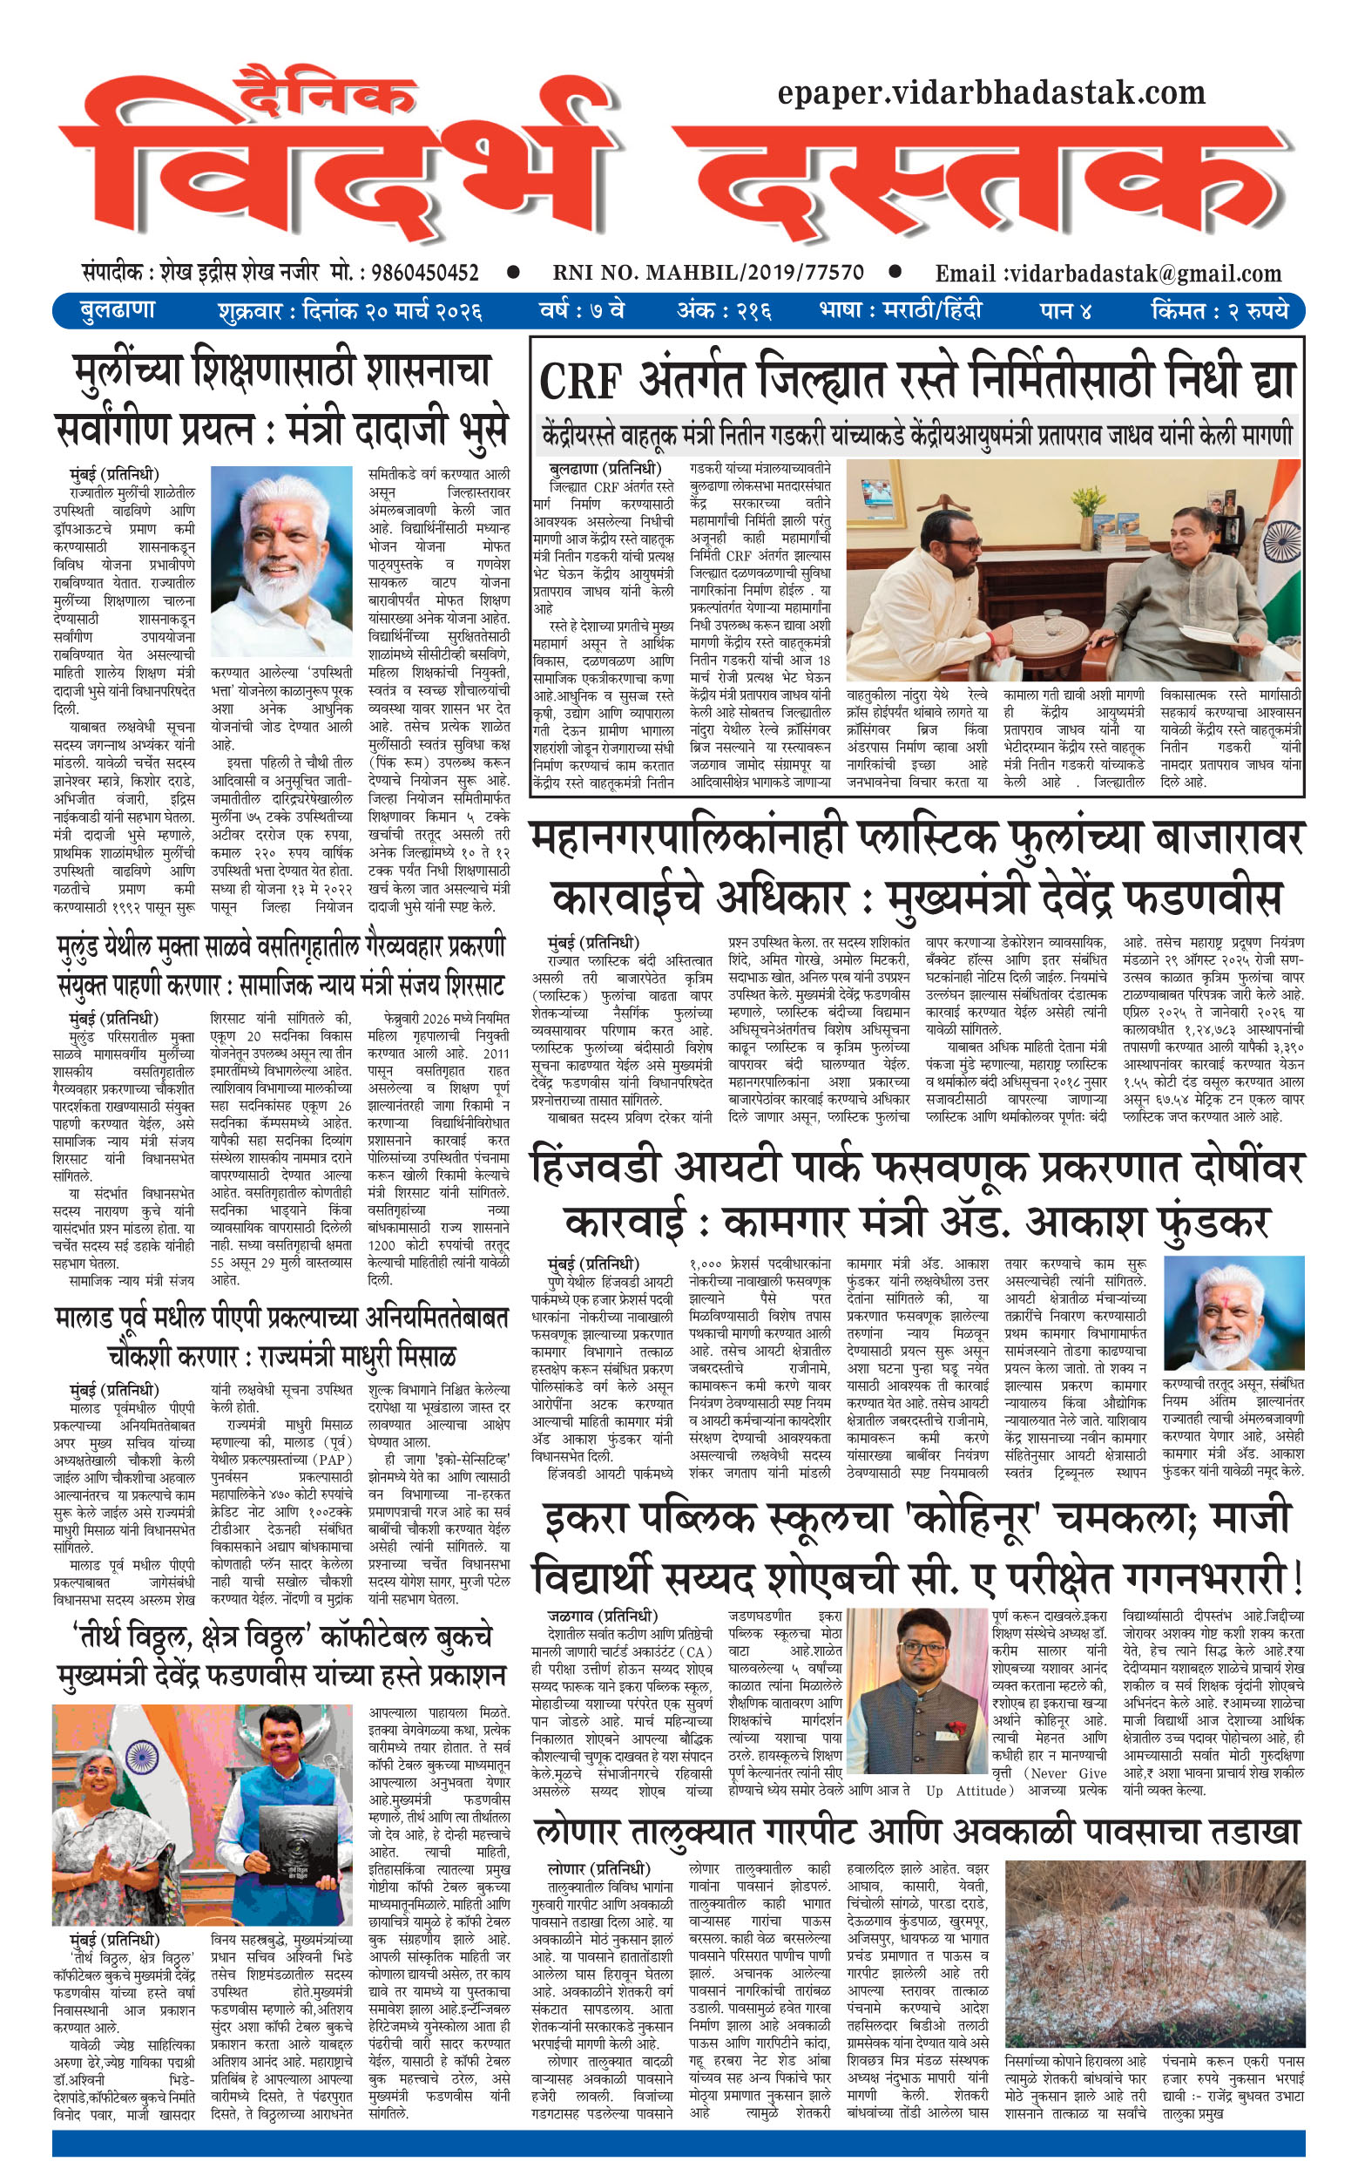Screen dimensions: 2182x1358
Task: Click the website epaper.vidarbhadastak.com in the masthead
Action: point(990,92)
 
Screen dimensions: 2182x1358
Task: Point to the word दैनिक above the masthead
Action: point(325,93)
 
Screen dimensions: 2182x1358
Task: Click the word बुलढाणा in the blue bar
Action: point(118,311)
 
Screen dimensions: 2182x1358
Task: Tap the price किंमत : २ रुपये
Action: point(1219,311)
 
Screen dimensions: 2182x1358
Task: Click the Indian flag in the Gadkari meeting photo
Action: point(1276,539)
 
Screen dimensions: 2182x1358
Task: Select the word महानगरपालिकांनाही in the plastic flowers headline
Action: point(687,839)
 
